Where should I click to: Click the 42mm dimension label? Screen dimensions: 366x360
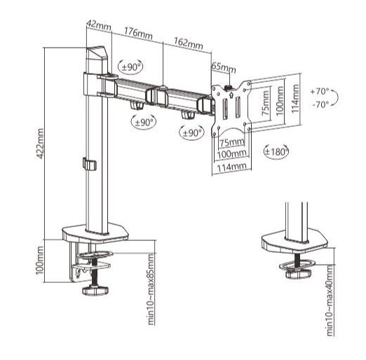(99, 25)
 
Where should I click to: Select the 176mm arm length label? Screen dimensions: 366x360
(138, 33)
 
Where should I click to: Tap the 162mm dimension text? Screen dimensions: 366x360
(189, 43)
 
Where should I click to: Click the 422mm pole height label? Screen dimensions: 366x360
(40, 144)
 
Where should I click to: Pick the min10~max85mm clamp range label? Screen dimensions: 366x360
(151, 289)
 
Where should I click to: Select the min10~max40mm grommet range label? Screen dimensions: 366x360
(330, 300)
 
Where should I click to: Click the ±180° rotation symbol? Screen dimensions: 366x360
(276, 152)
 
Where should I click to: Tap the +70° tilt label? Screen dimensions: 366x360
(320, 91)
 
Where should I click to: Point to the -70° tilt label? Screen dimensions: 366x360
(320, 104)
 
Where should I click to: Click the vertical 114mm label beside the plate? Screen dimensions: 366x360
(295, 99)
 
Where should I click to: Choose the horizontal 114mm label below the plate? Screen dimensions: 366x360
(232, 167)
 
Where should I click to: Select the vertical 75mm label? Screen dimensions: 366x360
(266, 103)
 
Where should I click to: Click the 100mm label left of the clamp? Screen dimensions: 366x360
(39, 261)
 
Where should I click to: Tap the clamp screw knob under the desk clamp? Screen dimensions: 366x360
(95, 291)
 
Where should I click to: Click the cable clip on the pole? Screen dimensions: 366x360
(90, 164)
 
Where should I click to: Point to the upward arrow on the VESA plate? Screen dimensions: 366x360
(231, 95)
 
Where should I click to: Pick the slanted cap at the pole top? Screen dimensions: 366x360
(96, 53)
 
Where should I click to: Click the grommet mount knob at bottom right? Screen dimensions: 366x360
(299, 273)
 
